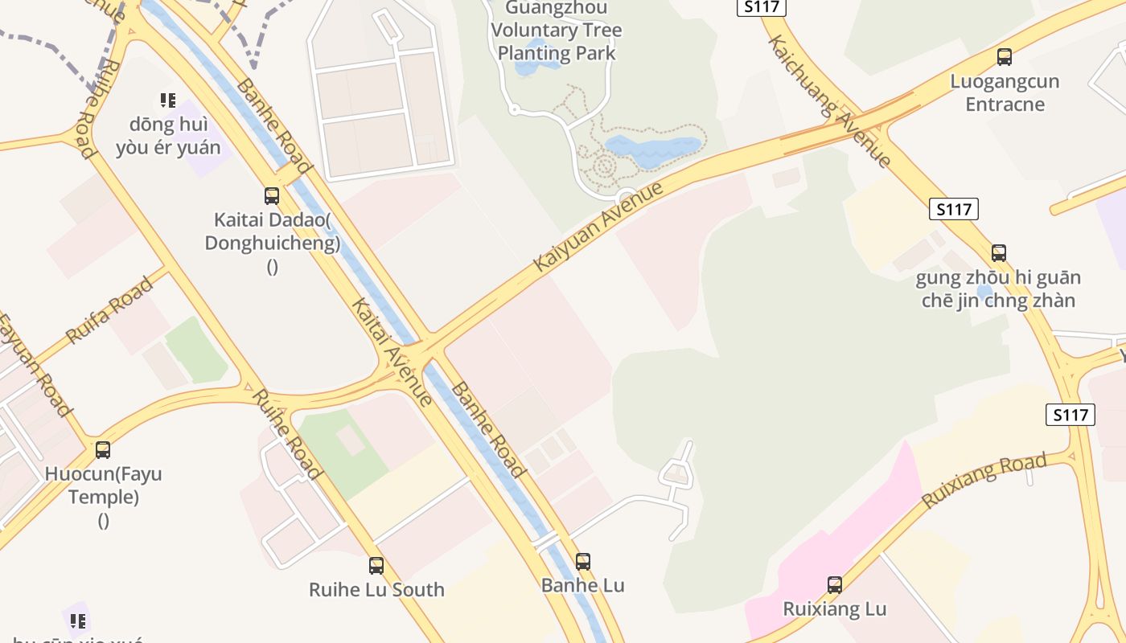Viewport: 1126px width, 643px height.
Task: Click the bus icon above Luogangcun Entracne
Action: pos(1004,57)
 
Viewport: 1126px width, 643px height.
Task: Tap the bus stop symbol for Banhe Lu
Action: pos(583,562)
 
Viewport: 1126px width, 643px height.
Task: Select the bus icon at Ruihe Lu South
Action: pos(376,566)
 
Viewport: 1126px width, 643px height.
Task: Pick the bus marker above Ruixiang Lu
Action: pos(835,585)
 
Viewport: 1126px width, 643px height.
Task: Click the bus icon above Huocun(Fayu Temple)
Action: pos(103,450)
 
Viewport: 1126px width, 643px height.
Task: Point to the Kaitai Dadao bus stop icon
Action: pos(272,196)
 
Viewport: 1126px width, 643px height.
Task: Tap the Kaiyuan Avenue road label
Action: pos(599,226)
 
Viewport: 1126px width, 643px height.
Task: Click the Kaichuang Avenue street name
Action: pos(830,100)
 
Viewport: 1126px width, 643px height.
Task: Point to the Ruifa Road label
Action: pos(109,310)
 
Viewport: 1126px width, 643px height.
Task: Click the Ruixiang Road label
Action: pos(984,480)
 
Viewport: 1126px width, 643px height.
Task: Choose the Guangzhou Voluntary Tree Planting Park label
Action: pos(557,31)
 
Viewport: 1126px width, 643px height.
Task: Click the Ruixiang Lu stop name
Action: pos(835,608)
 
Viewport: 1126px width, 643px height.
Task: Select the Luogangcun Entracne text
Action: pos(1005,92)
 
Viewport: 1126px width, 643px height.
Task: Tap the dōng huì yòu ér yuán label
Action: pos(168,136)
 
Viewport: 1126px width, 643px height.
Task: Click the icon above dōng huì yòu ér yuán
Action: pos(167,100)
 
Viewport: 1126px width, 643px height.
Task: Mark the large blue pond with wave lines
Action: pos(653,149)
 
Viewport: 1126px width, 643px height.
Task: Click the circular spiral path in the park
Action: pos(605,166)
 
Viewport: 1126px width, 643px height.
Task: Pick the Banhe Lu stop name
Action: pos(583,585)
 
